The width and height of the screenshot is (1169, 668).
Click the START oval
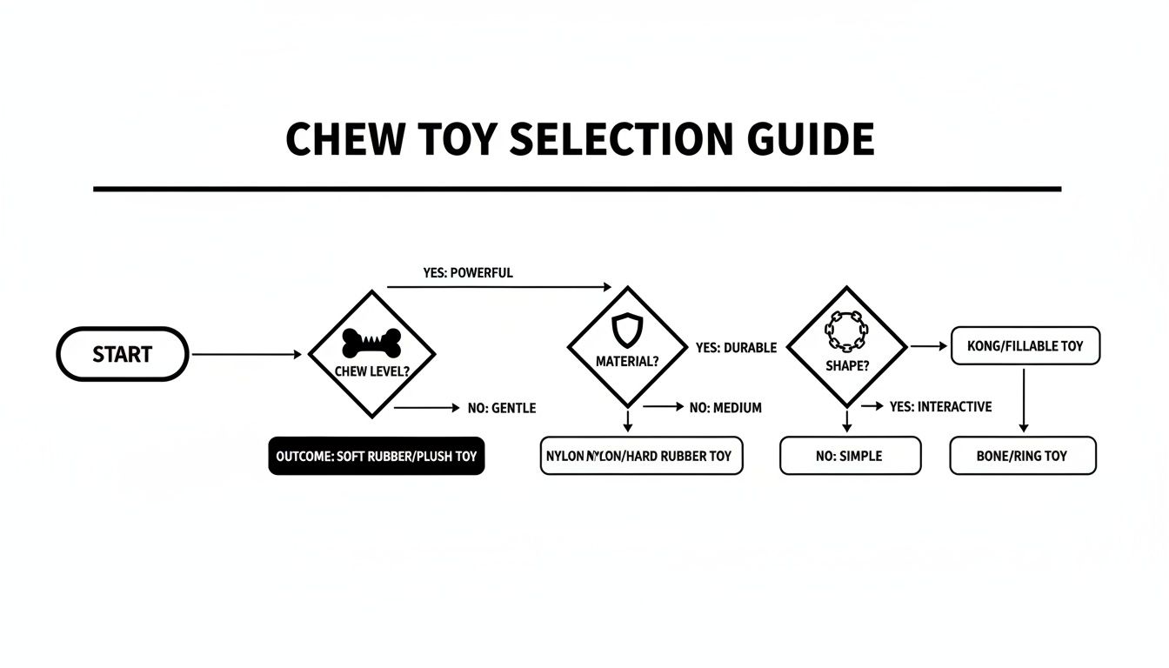122,354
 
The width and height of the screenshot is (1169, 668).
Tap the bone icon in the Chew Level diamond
371,342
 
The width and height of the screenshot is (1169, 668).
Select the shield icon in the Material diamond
626,330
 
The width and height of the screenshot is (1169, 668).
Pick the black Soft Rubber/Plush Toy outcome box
376,456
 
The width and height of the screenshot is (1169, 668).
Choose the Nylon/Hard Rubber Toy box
641,456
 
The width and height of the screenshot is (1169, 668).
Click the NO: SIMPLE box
850,456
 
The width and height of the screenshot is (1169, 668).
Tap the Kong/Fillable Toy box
1025,345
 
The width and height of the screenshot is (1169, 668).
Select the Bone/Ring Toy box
1022,456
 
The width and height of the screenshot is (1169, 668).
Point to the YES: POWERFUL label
468,272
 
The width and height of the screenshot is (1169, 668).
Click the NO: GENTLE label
502,407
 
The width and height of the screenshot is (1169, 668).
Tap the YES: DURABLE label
736,347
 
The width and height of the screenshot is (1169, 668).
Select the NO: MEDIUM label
725,407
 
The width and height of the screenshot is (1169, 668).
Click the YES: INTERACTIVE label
940,406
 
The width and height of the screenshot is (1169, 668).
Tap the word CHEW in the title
335,140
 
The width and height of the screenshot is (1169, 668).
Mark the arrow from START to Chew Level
246,354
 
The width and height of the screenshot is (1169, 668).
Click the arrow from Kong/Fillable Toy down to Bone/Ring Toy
1024,400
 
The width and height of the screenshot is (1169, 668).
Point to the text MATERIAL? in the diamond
626,361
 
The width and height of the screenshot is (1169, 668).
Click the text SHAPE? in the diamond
846,366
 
